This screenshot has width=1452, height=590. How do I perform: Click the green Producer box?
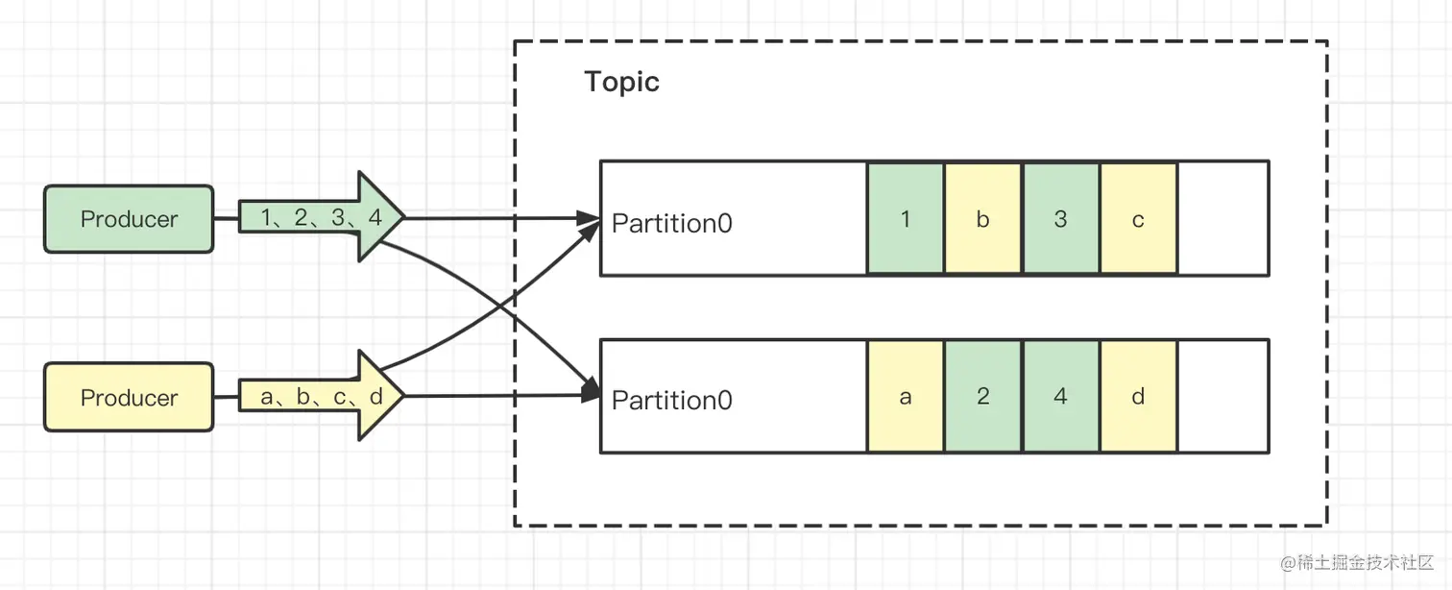tap(129, 219)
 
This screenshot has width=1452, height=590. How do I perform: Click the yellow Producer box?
tap(129, 397)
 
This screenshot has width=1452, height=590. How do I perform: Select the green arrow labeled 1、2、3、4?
tap(322, 218)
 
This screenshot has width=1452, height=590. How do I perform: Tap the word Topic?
tap(621, 82)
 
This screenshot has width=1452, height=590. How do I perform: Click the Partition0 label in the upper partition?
tap(672, 223)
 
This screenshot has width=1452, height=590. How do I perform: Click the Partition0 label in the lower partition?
tap(672, 400)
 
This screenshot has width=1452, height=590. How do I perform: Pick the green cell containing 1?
tap(906, 219)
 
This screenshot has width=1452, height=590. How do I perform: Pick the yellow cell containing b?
tap(982, 219)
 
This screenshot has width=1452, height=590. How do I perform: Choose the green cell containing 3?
tap(1060, 219)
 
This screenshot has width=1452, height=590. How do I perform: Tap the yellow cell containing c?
tap(1138, 219)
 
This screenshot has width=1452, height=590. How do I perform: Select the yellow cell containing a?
tap(906, 396)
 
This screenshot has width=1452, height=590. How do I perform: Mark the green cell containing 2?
tap(982, 396)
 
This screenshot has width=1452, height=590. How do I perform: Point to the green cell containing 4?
tap(1060, 396)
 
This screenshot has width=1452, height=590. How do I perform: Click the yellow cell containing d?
tap(1138, 396)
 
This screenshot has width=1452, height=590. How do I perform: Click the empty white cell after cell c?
tap(1222, 219)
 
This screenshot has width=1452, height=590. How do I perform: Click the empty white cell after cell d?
tap(1222, 396)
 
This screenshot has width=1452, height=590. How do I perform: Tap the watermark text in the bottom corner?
tap(1354, 562)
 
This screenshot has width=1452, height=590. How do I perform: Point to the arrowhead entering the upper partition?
tap(589, 218)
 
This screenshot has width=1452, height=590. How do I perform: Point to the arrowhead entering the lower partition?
tap(589, 394)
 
